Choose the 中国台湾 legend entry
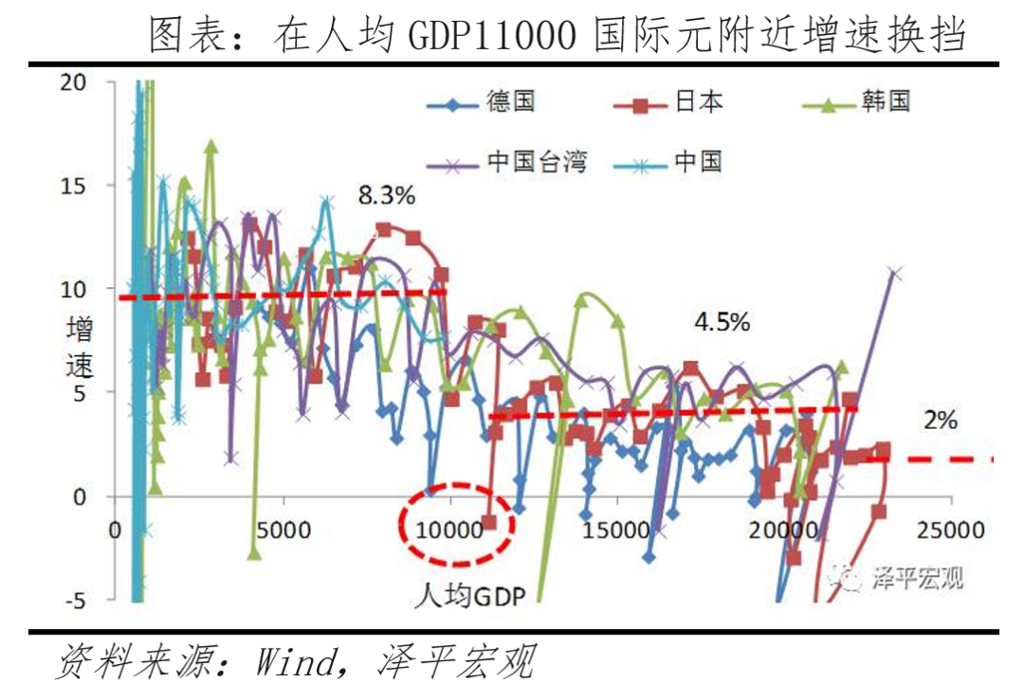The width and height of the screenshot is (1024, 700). click(x=513, y=161)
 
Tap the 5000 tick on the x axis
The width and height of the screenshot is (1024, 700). click(x=283, y=530)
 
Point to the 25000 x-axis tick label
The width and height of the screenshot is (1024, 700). click(x=952, y=530)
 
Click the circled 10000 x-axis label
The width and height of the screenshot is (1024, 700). click(x=449, y=530)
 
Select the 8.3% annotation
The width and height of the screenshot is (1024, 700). click(x=387, y=197)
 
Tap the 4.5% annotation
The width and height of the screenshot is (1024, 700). click(x=722, y=322)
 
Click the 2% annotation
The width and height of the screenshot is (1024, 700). click(x=941, y=420)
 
